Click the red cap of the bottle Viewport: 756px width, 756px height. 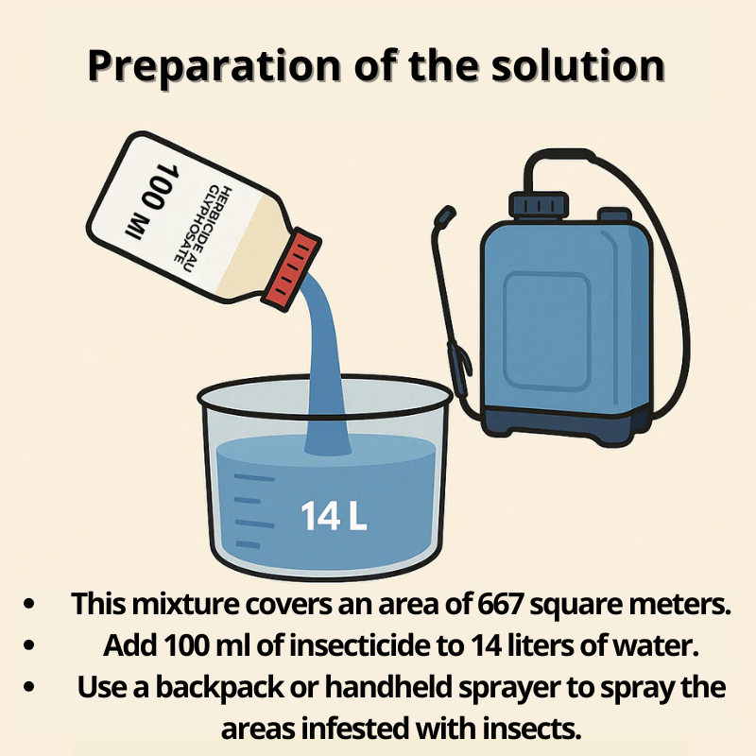tap(291, 271)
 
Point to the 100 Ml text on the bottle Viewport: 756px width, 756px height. tap(152, 200)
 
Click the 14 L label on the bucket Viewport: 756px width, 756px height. tap(334, 516)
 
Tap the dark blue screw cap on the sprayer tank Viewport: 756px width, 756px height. tap(539, 204)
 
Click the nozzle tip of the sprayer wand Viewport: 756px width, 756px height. tap(445, 216)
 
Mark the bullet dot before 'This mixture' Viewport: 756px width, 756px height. tap(29, 604)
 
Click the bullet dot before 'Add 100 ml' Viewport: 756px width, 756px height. tap(29, 645)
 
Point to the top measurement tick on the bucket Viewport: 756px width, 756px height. tap(254, 478)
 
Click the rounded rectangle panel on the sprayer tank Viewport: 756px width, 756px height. tap(547, 331)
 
